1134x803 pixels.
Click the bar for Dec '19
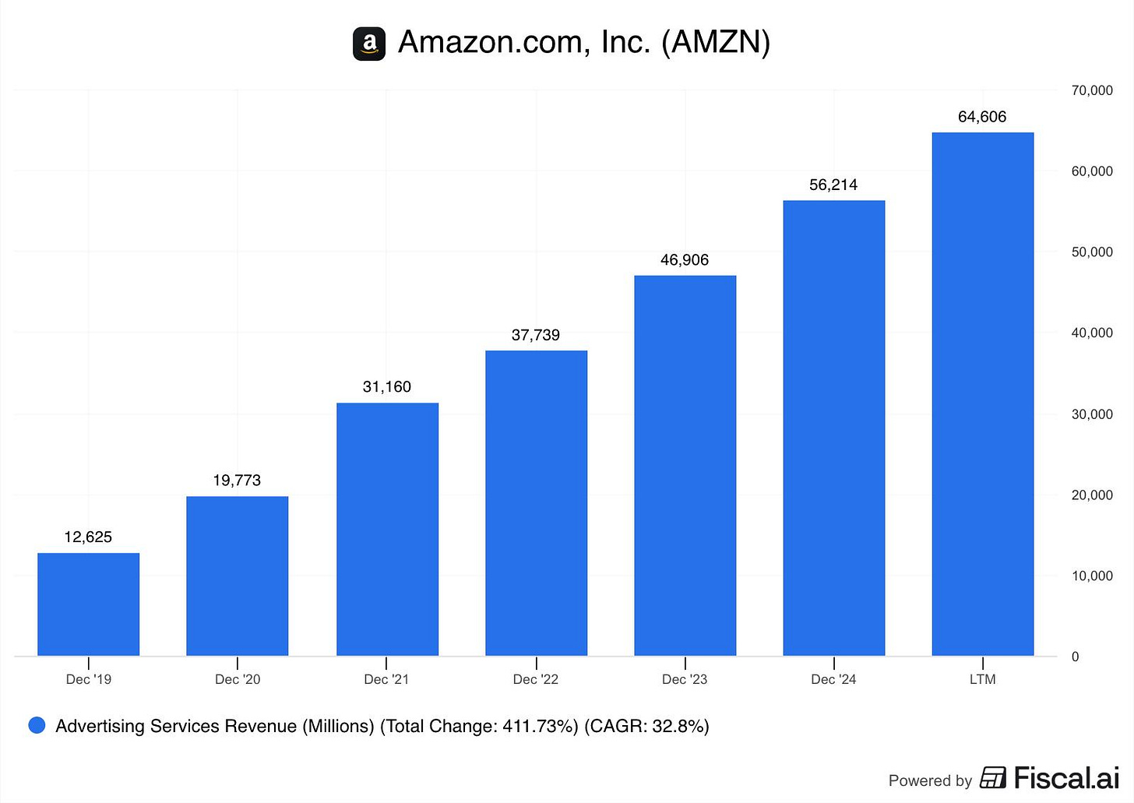tap(88, 604)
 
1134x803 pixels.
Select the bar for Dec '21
tap(387, 530)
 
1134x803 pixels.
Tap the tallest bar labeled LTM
tap(982, 394)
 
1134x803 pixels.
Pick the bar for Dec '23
tap(685, 466)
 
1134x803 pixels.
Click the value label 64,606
tap(982, 117)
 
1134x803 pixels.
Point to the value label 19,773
tap(237, 481)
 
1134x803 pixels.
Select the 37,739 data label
tap(536, 335)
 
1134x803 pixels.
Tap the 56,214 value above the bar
tap(833, 185)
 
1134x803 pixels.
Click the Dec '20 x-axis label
tap(238, 679)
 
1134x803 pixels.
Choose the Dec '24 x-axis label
tap(833, 679)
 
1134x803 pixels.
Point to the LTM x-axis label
tap(982, 679)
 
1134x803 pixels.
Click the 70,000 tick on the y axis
tap(1092, 90)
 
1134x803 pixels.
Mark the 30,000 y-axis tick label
tap(1092, 414)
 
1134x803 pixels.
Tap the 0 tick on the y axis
tap(1076, 657)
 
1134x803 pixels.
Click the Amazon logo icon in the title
tap(369, 44)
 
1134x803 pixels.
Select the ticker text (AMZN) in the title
tap(716, 42)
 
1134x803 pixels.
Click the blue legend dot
tap(37, 726)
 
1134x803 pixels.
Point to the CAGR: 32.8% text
tap(646, 726)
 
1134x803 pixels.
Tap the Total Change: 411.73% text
tap(479, 726)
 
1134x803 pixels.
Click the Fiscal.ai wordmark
tap(1065, 777)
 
